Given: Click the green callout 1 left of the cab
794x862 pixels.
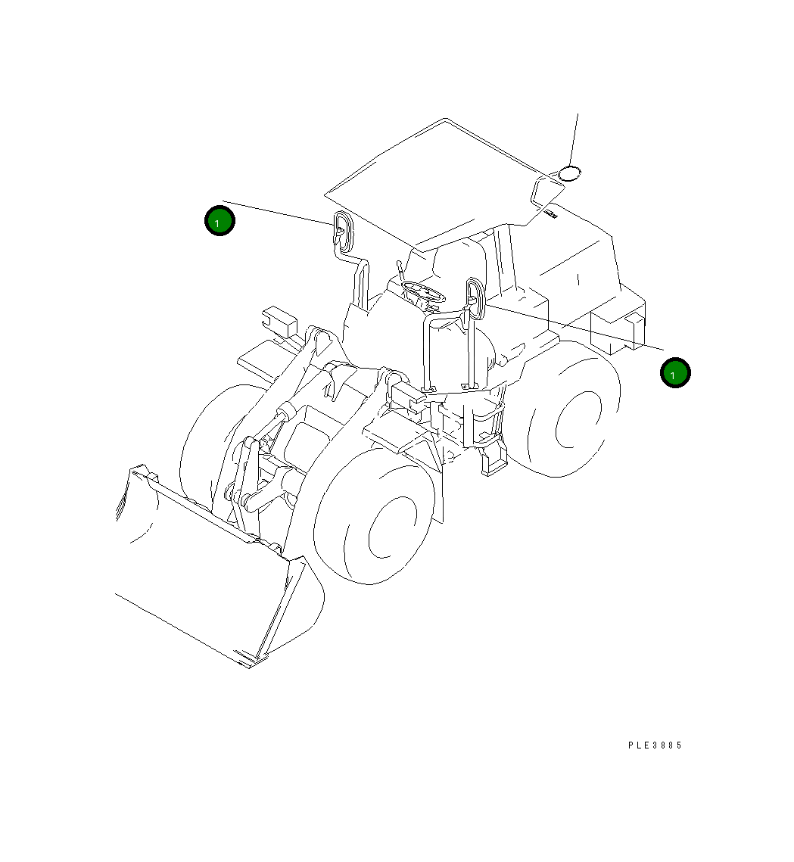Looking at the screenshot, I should point(220,221).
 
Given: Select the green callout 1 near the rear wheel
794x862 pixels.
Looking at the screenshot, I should point(674,373).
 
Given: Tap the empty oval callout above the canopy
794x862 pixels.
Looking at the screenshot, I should point(570,173).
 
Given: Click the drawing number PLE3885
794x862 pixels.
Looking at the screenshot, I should point(655,745).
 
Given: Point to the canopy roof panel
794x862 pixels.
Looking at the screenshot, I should point(431,182).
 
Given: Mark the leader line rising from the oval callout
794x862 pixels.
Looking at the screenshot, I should point(574,140).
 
